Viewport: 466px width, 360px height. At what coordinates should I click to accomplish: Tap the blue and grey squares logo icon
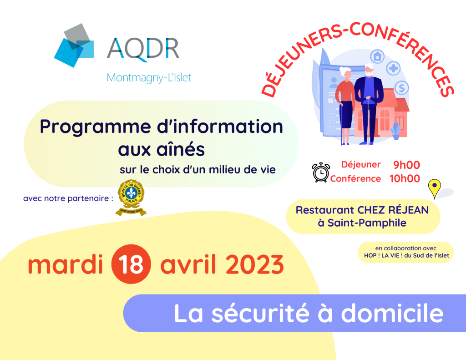[x=74, y=46]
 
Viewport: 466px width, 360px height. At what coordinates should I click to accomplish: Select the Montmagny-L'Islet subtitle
[x=149, y=77]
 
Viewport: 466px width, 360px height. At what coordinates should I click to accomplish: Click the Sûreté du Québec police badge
[x=131, y=197]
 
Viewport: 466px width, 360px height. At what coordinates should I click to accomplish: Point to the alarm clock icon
[x=321, y=172]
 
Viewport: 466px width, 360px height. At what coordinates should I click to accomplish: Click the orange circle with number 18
[x=131, y=264]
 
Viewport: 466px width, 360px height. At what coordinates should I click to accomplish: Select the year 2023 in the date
[x=255, y=264]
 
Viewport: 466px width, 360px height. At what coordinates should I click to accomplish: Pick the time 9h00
[x=406, y=165]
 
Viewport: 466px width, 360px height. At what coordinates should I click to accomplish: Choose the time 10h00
[x=405, y=178]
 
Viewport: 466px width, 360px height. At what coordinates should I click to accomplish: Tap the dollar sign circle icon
[x=402, y=88]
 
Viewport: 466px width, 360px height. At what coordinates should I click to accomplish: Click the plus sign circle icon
[x=394, y=69]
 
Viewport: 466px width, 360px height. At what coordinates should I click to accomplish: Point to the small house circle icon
[x=377, y=56]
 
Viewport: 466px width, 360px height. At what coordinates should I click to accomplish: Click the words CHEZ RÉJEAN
[x=393, y=210]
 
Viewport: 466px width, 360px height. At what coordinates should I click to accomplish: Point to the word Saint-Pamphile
[x=367, y=223]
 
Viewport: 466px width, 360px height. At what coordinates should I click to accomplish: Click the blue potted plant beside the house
[x=395, y=131]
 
